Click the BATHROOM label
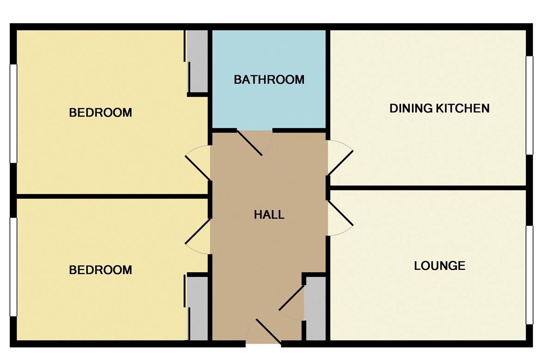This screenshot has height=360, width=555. (269, 80)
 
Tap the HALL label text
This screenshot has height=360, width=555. (269, 215)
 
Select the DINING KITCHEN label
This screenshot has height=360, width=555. (439, 109)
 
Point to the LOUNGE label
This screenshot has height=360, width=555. (440, 266)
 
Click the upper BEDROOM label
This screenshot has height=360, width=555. (100, 113)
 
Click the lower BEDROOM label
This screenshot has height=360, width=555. (100, 270)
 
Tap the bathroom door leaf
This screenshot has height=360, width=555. (249, 143)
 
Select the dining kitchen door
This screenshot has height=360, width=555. (340, 163)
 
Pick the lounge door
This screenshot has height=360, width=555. (340, 213)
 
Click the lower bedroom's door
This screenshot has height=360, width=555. (198, 231)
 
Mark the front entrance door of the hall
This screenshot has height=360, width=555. (269, 331)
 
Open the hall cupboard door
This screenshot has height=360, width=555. (292, 298)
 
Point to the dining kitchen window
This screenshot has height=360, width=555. (530, 105)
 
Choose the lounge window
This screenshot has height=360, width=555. (530, 275)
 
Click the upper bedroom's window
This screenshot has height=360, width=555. (13, 114)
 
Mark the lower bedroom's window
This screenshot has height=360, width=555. (13, 267)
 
